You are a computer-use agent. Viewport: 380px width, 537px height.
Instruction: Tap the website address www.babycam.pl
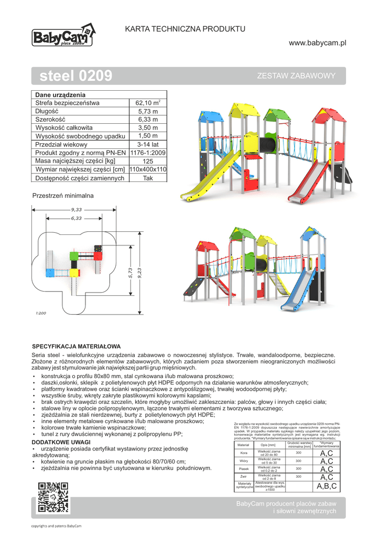(318, 42)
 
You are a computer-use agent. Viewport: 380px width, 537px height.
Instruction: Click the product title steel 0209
(76, 77)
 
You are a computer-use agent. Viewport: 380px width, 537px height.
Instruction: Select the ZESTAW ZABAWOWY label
(297, 76)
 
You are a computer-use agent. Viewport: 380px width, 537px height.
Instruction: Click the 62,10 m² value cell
(148, 103)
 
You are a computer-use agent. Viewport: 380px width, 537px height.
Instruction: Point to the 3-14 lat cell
(148, 144)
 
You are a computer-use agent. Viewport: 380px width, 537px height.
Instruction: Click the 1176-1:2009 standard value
(148, 153)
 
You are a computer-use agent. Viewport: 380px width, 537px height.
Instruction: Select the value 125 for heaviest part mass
(148, 161)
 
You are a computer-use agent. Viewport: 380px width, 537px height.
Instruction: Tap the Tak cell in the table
(148, 178)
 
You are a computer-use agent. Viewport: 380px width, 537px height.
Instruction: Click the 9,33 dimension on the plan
(77, 210)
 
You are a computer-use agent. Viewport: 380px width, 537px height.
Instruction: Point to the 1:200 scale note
(41, 313)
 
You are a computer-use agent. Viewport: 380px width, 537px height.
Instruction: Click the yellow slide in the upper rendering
(209, 178)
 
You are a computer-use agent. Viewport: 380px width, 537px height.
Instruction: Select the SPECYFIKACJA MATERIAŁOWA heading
(77, 347)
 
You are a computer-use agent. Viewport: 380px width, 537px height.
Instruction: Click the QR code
(54, 498)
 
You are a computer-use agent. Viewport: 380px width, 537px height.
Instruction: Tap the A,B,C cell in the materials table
(327, 486)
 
